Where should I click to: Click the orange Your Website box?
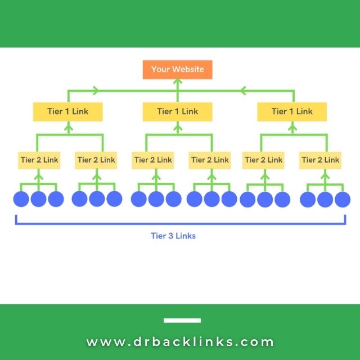tap(177, 70)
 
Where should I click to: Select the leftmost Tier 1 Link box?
tap(68, 111)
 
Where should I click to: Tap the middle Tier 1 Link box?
tap(178, 111)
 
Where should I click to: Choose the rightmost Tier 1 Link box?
tap(292, 111)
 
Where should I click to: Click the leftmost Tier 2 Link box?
tap(38, 160)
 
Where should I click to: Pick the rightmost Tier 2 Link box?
tap(321, 160)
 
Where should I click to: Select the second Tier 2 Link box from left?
tap(96, 160)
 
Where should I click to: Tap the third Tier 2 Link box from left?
tap(153, 160)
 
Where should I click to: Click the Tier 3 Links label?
tap(173, 236)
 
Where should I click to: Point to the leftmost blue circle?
tap(21, 199)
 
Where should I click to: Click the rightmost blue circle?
tap(343, 199)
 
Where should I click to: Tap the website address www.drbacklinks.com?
tap(180, 341)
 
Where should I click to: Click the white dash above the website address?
tap(182, 321)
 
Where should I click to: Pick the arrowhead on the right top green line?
tap(244, 90)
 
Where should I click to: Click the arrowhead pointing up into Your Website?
tap(178, 82)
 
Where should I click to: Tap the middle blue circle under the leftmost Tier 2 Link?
tap(38, 199)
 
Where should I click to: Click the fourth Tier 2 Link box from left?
tap(210, 160)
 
